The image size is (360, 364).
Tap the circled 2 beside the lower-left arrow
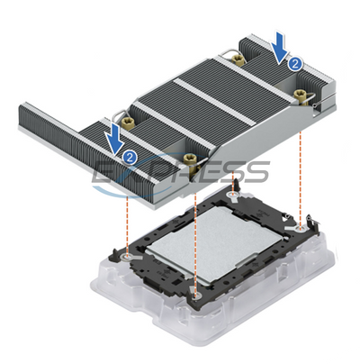[x=131, y=157]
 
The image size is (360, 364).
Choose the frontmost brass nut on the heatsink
[x=190, y=160]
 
